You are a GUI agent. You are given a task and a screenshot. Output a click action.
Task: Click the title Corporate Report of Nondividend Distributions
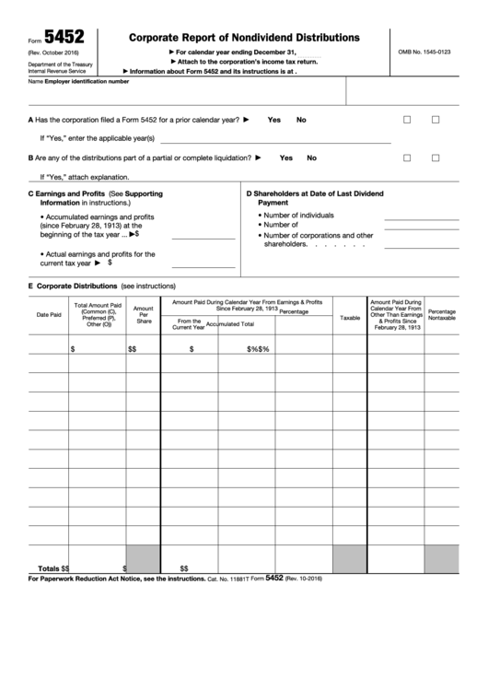244,38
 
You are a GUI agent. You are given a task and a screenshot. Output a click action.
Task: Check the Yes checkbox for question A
407,120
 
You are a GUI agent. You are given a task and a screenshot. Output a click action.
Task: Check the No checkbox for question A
436,120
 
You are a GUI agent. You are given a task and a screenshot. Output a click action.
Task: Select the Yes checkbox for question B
407,158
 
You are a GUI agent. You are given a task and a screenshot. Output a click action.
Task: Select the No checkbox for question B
436,158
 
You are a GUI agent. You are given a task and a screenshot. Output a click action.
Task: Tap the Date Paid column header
49,315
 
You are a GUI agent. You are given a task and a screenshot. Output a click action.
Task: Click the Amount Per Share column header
144,315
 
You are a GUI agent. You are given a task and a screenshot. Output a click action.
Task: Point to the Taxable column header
350,317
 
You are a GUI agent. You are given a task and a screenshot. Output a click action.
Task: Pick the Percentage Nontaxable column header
441,315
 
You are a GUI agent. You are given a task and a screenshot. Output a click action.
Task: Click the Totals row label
50,568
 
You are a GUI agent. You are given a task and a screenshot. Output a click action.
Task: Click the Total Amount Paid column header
98,314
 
